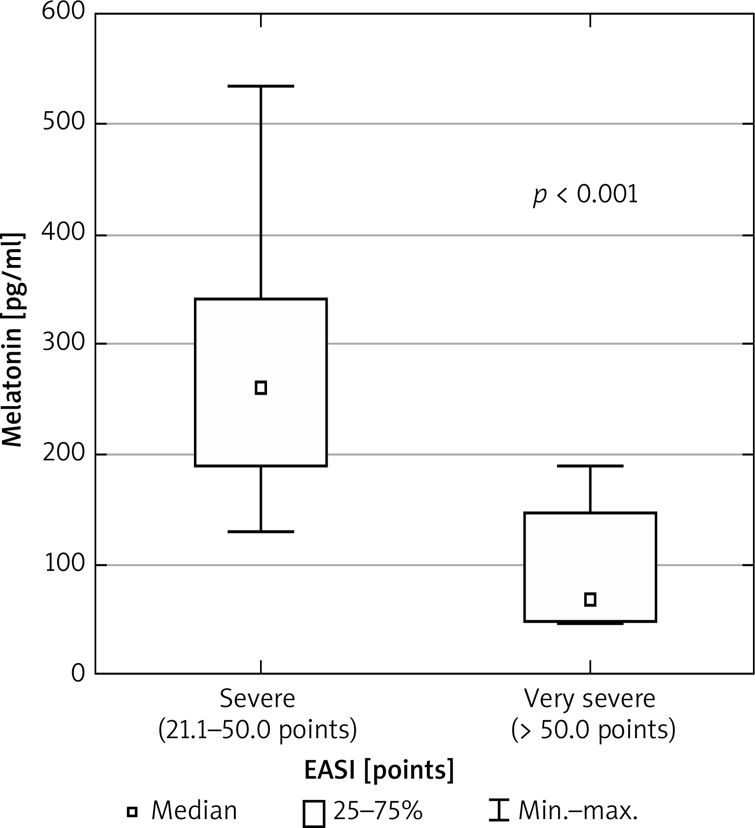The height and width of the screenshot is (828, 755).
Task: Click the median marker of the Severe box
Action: point(261,387)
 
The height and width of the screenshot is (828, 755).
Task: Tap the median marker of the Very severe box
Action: point(590,600)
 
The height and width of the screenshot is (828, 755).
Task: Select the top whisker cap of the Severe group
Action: point(261,86)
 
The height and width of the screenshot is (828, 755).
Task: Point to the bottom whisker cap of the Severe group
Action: point(261,531)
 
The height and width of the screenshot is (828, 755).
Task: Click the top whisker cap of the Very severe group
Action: point(590,465)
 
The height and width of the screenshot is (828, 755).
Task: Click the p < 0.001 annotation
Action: point(585,195)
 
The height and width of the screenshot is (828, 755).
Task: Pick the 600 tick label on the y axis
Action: point(64,12)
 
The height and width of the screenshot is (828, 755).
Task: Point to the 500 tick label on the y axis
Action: point(64,123)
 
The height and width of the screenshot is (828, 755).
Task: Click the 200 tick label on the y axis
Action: point(64,453)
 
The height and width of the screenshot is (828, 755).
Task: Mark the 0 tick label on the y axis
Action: point(78,674)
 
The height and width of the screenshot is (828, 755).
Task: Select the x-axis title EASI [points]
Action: point(378,770)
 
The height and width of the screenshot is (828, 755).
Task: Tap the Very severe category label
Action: point(590,699)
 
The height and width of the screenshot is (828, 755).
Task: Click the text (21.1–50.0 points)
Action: point(258,730)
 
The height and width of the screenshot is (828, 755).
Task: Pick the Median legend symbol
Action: point(132,811)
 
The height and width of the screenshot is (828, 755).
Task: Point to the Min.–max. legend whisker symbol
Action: point(502,811)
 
